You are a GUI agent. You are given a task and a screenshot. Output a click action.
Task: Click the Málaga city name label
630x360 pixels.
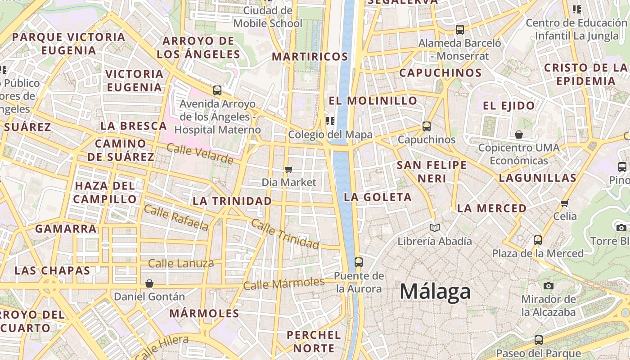[x=435, y=292]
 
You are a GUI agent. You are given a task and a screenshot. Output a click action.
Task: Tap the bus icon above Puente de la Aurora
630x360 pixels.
[x=359, y=262]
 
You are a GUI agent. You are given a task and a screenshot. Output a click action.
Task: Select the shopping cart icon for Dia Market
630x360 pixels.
[x=289, y=169]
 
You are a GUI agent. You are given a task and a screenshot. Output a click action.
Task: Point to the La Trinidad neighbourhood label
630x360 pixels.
[x=232, y=201]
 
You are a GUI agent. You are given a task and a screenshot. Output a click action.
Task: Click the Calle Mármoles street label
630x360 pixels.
[x=283, y=283]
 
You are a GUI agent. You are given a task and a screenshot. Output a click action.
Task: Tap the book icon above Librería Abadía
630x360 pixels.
[x=434, y=228]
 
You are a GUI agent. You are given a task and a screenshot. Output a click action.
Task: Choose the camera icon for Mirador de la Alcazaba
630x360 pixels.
[x=548, y=286]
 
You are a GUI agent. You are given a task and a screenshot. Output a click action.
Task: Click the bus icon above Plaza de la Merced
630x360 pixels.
[x=538, y=240]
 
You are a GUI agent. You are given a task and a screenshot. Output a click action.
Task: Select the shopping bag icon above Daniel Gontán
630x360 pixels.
[x=149, y=283]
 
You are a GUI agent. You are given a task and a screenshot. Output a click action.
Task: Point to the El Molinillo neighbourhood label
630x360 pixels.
[x=373, y=100]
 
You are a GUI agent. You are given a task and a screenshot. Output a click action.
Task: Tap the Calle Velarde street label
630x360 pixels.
[x=200, y=154]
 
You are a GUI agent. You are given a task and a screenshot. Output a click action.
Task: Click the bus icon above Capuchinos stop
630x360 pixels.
[x=427, y=126]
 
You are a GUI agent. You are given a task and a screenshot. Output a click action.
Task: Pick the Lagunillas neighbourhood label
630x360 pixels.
[x=538, y=178]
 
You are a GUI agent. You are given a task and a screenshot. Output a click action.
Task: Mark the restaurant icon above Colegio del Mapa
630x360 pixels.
[x=330, y=121]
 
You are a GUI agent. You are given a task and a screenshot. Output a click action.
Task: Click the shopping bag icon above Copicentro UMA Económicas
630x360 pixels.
[x=519, y=135]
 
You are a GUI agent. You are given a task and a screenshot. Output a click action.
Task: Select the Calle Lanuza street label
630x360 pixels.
[x=181, y=263]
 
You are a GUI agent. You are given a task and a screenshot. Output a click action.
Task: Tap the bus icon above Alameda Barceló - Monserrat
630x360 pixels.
[x=459, y=30]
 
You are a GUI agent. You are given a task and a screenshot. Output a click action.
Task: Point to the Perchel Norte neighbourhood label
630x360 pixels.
[x=314, y=342]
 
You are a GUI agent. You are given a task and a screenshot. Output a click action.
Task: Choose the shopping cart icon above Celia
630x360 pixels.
[x=565, y=203]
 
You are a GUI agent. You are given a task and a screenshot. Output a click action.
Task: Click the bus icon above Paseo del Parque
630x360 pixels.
[x=539, y=340]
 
